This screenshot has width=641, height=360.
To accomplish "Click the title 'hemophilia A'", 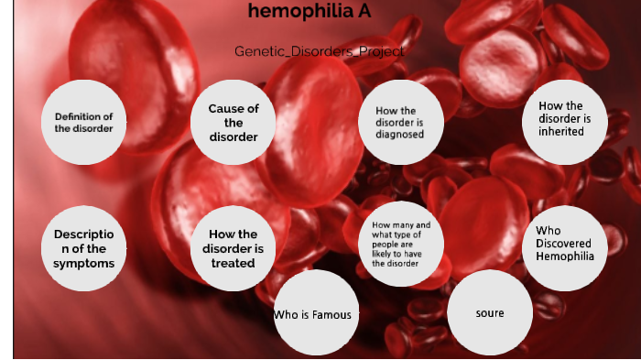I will click(302, 12).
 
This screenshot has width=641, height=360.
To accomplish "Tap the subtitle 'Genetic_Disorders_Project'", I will click(318, 52).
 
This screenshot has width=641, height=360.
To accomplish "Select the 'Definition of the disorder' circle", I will click(83, 122).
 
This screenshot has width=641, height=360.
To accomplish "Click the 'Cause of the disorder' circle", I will click(233, 123).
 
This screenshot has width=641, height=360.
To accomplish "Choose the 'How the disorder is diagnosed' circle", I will click(399, 123).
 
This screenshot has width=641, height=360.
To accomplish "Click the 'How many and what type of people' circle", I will click(399, 244).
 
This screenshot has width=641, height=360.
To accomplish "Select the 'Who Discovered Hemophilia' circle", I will click(565, 243).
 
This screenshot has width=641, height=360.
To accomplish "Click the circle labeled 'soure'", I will click(489, 313).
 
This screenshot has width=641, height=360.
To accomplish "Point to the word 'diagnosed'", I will click(399, 135).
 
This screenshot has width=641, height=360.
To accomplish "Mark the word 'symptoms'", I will click(83, 263).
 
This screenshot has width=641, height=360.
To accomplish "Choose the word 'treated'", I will click(233, 263).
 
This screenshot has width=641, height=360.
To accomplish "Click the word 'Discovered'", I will click(565, 243).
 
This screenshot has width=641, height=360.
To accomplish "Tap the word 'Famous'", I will click(331, 314).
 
